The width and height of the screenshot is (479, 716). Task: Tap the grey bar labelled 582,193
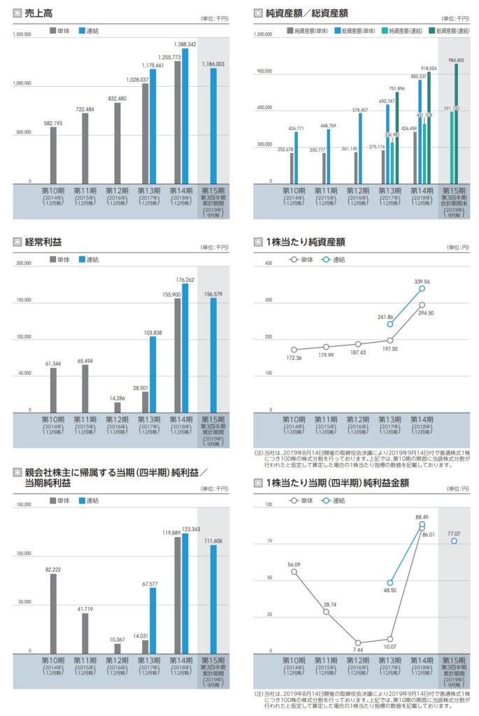53,155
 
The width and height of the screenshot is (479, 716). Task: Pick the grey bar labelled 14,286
117,407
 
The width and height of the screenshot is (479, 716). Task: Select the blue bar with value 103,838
152,374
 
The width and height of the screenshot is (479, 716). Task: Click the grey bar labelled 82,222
53,613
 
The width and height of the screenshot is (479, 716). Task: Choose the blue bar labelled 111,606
215,598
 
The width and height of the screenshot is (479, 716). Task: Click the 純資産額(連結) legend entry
390,31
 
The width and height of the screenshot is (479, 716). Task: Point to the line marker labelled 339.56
422,289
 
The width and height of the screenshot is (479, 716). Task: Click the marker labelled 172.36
294,350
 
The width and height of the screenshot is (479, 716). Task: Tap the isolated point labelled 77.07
454,541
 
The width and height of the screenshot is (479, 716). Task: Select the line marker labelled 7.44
357,643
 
